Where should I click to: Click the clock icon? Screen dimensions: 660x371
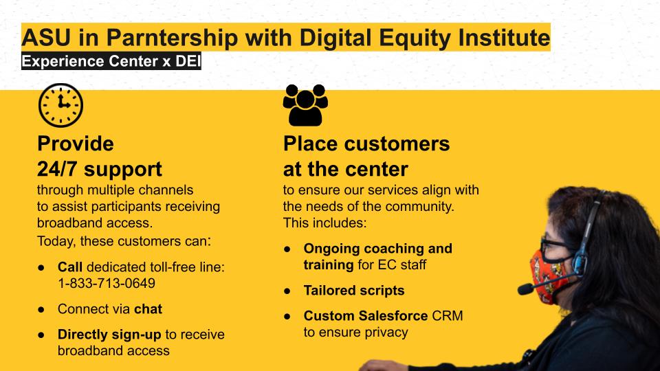tap(60, 105)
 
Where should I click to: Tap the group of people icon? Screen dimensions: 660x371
tap(305, 105)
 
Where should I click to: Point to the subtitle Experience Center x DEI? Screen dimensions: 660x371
tap(111, 61)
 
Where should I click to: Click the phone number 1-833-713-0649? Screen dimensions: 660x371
tap(107, 283)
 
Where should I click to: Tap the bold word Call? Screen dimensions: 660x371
tap(70, 267)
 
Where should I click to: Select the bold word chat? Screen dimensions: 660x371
tap(148, 308)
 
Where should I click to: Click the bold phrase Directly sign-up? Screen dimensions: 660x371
tap(109, 335)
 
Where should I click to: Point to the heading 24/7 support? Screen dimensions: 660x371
tap(99, 169)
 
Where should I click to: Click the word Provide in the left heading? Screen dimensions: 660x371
tap(76, 144)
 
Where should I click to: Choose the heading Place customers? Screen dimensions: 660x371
tap(366, 144)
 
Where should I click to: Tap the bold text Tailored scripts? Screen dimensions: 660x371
tap(354, 290)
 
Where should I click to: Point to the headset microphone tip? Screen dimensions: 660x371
tap(525, 289)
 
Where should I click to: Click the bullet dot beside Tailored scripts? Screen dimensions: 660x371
tap(287, 291)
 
